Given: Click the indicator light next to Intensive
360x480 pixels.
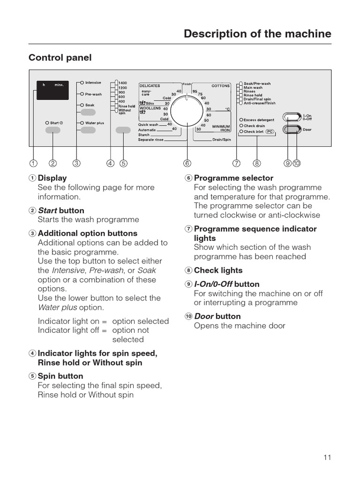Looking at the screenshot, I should click(x=82, y=83).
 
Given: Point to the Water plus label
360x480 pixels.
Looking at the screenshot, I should click(x=95, y=123).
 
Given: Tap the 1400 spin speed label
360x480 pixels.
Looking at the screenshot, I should click(x=123, y=83).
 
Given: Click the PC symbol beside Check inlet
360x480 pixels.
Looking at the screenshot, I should click(x=269, y=132).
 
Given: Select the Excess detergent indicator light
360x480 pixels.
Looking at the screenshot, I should click(x=241, y=120).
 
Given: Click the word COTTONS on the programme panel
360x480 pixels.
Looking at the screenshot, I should click(x=221, y=86).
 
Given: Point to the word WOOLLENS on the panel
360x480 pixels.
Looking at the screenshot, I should click(x=150, y=108).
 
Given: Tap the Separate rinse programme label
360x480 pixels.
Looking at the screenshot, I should click(x=150, y=140).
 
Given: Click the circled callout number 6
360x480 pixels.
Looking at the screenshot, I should click(x=187, y=164).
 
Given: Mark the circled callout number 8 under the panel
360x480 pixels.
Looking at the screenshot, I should click(x=256, y=164).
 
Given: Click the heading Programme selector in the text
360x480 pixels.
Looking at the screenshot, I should click(x=233, y=178).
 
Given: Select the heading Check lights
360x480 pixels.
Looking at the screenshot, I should click(x=218, y=270).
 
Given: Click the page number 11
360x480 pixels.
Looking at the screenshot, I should click(x=327, y=457).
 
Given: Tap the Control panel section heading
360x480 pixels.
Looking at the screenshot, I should click(x=60, y=58).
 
